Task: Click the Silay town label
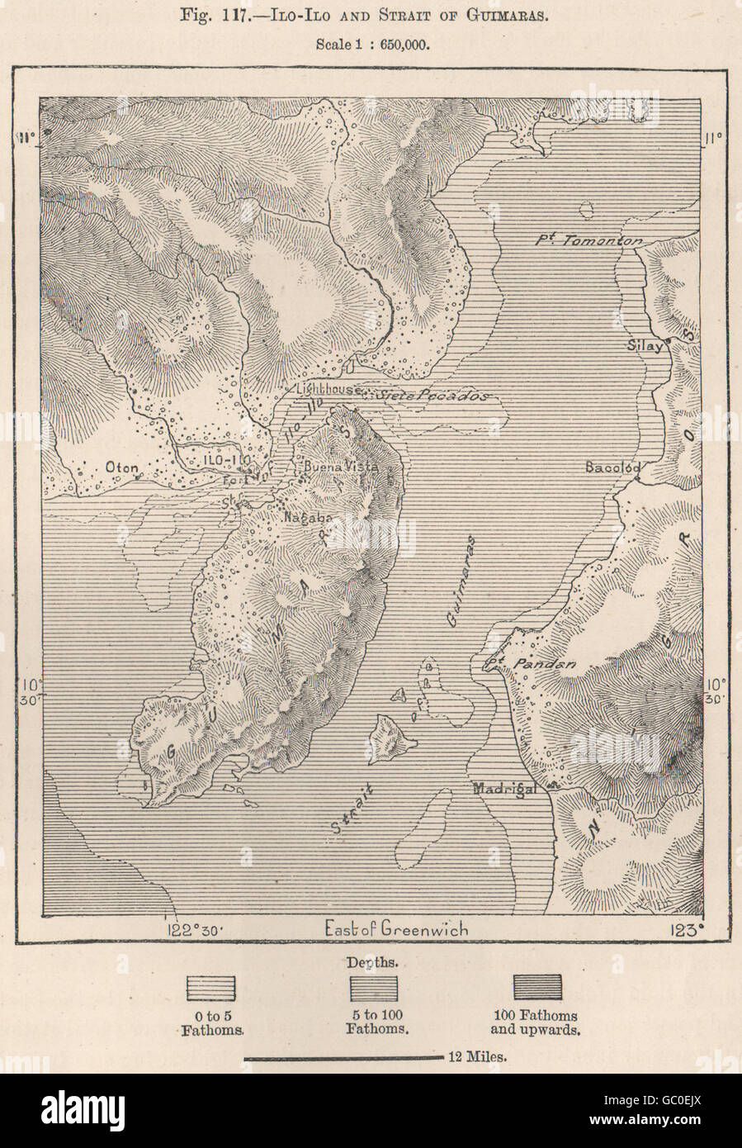[645, 347]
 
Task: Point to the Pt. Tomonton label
[587, 240]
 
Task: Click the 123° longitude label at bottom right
[687, 929]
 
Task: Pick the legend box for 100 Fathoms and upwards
[536, 988]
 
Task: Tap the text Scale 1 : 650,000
[371, 45]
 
